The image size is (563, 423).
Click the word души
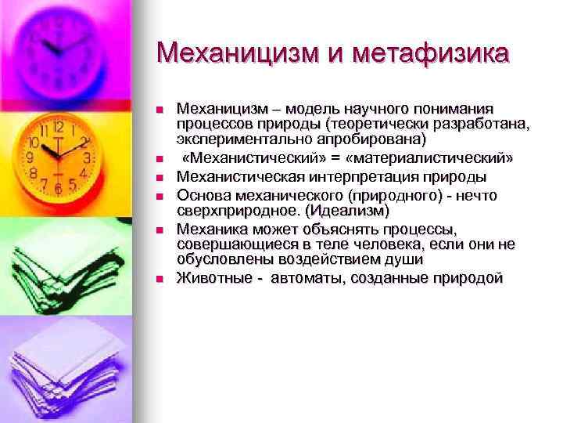[407, 258]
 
